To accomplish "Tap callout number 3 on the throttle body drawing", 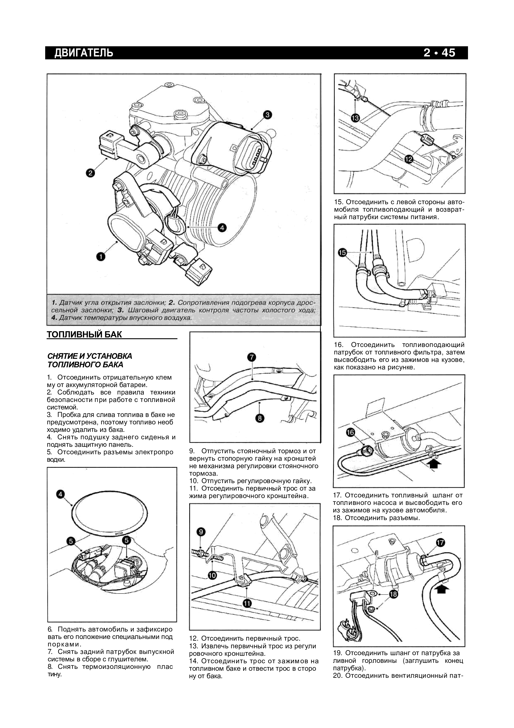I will click(267, 115).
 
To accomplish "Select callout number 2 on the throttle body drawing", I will click(90, 173).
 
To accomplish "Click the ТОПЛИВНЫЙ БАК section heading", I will click(84, 335).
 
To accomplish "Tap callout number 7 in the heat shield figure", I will click(251, 357).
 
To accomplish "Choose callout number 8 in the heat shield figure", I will click(260, 419).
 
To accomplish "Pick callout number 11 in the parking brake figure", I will click(247, 603).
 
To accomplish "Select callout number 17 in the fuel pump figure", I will click(440, 543).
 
